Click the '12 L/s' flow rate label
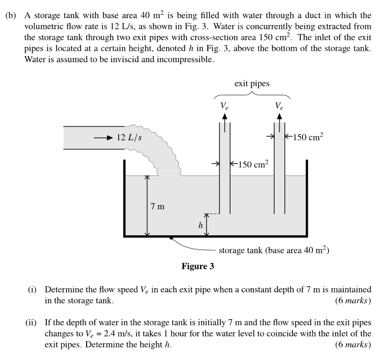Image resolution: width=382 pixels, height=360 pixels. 130,137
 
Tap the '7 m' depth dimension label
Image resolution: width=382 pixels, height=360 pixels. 157,206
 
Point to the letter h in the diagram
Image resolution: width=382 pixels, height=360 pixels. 200,224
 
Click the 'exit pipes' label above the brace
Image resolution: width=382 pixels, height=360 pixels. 252,84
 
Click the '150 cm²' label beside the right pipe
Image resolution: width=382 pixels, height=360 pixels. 308,137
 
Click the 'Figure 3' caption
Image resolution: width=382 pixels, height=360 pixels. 198,266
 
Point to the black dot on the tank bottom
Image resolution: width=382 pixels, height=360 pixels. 171,237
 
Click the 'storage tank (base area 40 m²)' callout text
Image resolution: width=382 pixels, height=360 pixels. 273,251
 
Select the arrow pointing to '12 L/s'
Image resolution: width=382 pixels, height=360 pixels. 103,137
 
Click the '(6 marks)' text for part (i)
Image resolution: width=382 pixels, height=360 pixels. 354,300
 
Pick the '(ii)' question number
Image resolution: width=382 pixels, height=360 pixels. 32,319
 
